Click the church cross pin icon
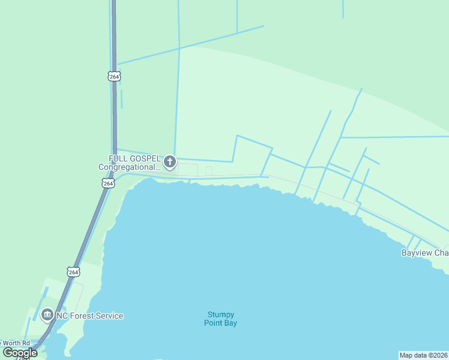pyautogui.click(x=170, y=161)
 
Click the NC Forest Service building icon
pyautogui.click(x=47, y=315)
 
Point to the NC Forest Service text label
pyautogui.click(x=89, y=316)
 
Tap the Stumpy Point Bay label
pyautogui.click(x=221, y=319)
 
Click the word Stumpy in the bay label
pyautogui.click(x=221, y=314)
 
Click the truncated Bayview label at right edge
pyautogui.click(x=425, y=253)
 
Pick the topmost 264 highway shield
pyautogui.click(x=114, y=76)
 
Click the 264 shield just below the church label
pyautogui.click(x=107, y=183)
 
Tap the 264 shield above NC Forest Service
pyautogui.click(x=73, y=272)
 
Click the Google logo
pyautogui.click(x=20, y=353)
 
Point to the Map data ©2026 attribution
pyautogui.click(x=423, y=355)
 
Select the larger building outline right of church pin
pyautogui.click(x=188, y=170)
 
